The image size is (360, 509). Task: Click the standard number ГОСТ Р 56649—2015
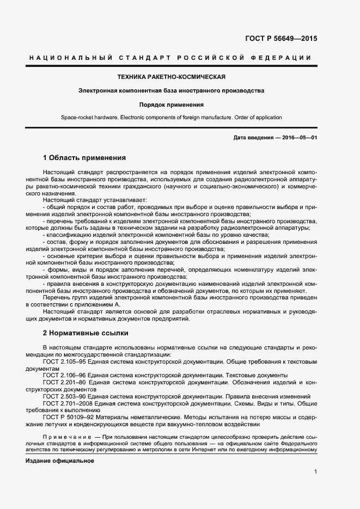(282, 39)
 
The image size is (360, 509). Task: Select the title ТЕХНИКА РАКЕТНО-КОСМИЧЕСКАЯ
(172, 77)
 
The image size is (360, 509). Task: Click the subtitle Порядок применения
(171, 105)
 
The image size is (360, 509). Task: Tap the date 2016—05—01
(300, 138)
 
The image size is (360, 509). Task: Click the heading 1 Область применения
(84, 158)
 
